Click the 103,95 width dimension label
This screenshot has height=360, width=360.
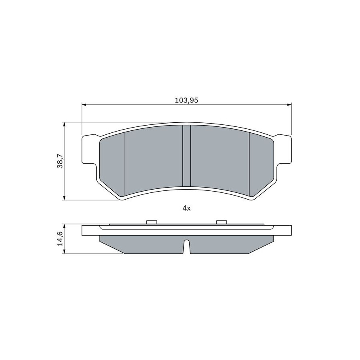pyautogui.click(x=186, y=100)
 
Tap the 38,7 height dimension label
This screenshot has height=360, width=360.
pyautogui.click(x=60, y=161)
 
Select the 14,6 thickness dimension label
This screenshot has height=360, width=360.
pyautogui.click(x=60, y=238)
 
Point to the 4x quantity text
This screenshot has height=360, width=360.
pyautogui.click(x=186, y=208)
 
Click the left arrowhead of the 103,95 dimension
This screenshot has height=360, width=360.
pyautogui.click(x=84, y=105)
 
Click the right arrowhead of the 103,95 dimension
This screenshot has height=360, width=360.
pyautogui.click(x=289, y=105)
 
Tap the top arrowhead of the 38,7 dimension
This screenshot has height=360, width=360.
pyautogui.click(x=64, y=124)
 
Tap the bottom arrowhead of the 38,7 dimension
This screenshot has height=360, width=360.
pyautogui.click(x=64, y=198)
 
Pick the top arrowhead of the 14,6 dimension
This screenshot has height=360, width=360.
pyautogui.click(x=64, y=226)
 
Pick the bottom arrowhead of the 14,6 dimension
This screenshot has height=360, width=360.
pyautogui.click(x=64, y=252)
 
